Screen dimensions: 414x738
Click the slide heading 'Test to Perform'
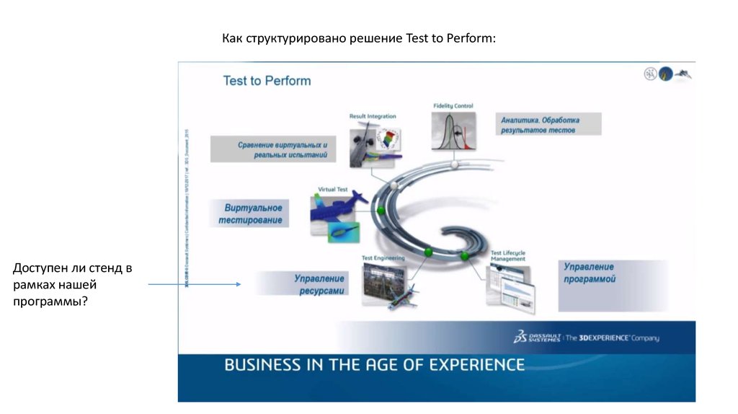pos(267,81)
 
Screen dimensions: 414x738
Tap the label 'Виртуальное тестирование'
pos(251,213)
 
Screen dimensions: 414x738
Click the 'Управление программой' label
pos(589,273)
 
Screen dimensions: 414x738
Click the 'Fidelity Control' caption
pos(453,106)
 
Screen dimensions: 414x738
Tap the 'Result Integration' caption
pos(372,116)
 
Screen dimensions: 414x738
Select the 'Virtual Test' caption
pos(332,190)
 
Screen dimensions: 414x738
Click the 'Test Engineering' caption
pos(383,257)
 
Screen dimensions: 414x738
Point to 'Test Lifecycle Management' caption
pos(507,256)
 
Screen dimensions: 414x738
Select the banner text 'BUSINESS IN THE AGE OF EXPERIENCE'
pos(374,365)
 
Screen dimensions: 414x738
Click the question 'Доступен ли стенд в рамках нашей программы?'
pos(72,285)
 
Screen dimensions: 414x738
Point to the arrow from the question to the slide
pos(194,284)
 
